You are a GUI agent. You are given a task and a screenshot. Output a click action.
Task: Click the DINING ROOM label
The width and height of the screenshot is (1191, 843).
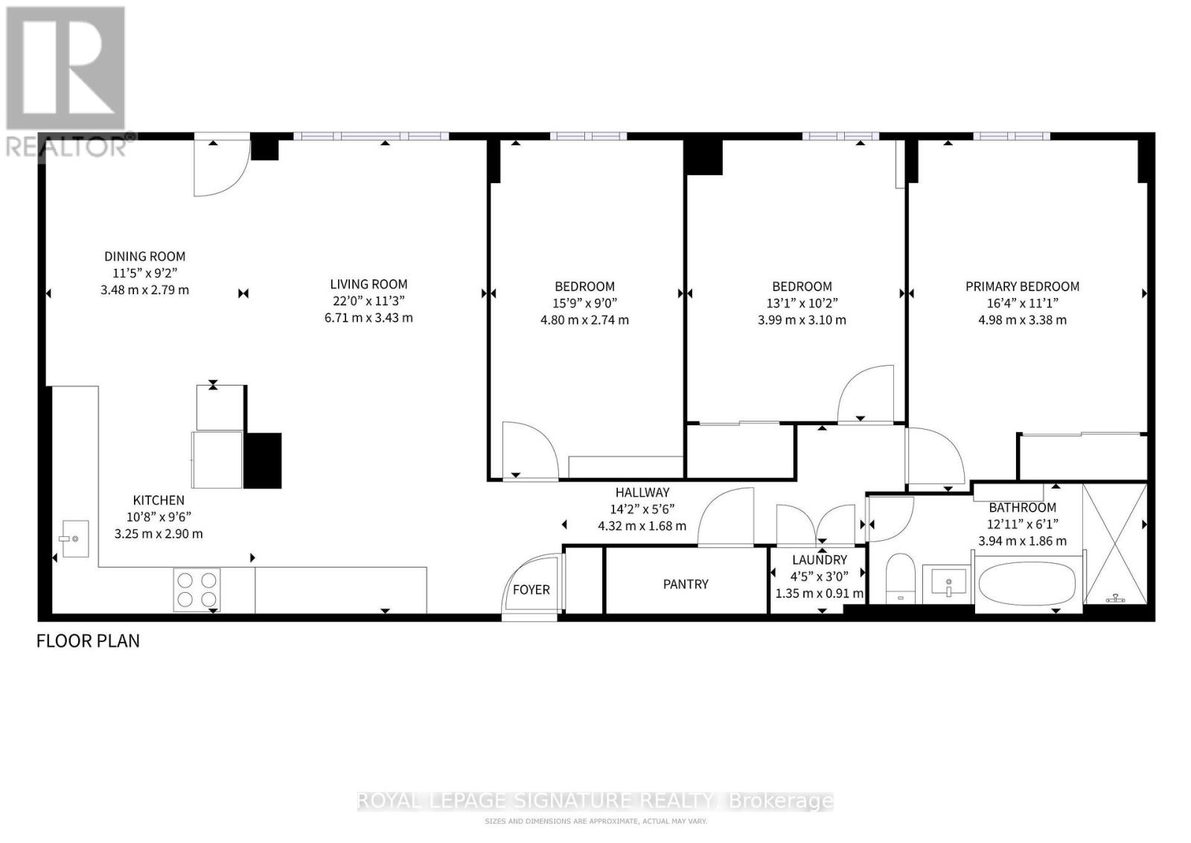coord(144,256)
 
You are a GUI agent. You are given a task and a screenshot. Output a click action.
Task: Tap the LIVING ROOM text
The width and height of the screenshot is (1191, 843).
coord(368,284)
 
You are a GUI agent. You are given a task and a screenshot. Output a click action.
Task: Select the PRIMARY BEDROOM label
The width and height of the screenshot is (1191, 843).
coord(1022,286)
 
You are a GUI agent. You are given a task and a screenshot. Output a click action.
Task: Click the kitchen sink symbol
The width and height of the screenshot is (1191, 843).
coord(74,538)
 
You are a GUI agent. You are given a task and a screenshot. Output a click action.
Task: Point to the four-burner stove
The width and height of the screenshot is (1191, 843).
coord(197,589)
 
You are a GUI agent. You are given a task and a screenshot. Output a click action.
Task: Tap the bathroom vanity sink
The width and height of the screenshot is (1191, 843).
coord(948,580)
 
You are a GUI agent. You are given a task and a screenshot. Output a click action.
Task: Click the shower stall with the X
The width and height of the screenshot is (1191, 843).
coord(1114,544)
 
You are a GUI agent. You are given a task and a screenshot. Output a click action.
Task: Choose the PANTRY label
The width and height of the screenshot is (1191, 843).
coord(686,584)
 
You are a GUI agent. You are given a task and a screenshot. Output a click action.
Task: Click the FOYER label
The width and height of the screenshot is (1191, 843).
coord(531,590)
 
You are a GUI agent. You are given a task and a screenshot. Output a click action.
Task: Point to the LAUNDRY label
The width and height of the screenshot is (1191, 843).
coord(819,560)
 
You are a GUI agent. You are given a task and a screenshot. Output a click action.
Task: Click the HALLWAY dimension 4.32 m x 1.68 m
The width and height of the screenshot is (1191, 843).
coord(642,526)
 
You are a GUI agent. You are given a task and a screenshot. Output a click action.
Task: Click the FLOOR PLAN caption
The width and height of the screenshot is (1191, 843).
coord(88,640)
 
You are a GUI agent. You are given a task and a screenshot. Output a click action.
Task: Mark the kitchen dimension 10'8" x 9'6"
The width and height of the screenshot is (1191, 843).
coord(159,517)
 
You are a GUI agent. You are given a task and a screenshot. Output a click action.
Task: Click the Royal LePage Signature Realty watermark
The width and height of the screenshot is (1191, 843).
coord(595,801)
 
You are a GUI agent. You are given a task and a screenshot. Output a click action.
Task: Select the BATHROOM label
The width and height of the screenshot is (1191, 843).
coord(1022,508)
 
